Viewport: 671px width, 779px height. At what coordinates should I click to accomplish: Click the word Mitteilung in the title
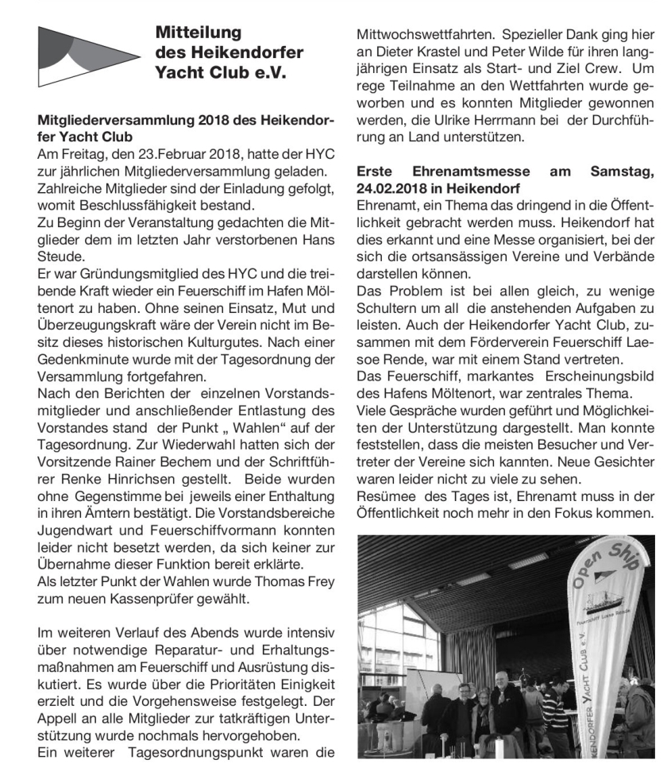tap(199, 34)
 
